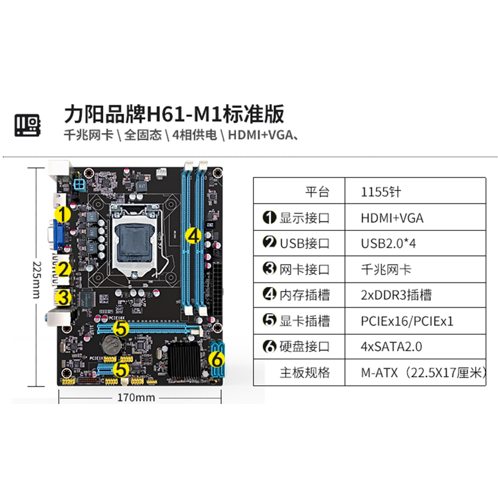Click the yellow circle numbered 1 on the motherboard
point(62,214)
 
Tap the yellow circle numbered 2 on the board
point(62,269)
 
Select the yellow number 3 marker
point(62,297)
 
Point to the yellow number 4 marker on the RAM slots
point(194,235)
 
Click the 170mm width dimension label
point(135,397)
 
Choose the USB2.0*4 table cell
point(388,243)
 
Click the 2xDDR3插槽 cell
point(396,295)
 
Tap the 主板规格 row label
point(304,373)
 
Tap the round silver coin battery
point(111,342)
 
